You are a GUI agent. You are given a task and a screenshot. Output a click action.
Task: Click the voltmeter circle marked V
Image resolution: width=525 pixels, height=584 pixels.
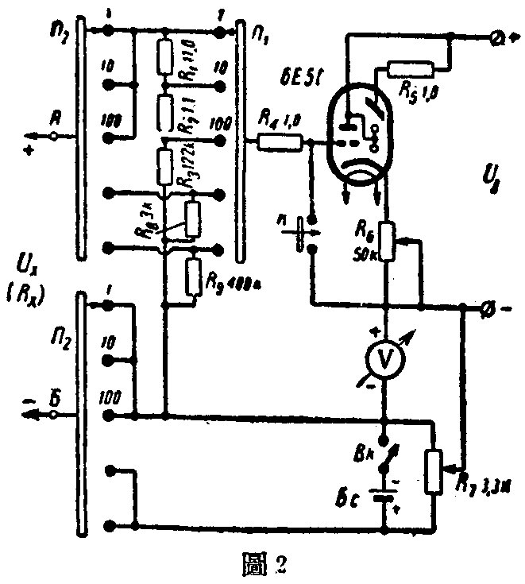click(383, 361)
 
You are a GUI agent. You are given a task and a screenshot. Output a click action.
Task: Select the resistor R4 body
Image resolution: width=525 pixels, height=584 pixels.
click(279, 141)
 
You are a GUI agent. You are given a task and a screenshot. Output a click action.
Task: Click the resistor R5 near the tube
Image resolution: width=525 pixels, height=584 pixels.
click(407, 70)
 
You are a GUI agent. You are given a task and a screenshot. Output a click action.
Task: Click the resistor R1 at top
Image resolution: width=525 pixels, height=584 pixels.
click(164, 56)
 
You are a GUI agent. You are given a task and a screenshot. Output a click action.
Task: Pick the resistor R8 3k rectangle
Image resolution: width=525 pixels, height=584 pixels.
click(193, 217)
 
